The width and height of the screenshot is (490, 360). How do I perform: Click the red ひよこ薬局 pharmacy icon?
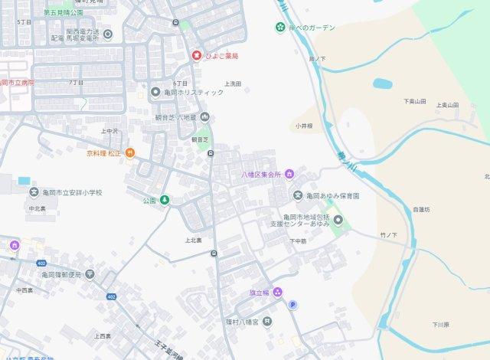pyautogui.click(x=196, y=56)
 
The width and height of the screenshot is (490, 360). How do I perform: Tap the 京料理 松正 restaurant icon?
pyautogui.click(x=130, y=153)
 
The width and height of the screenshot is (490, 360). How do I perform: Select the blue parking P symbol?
pyautogui.click(x=292, y=305)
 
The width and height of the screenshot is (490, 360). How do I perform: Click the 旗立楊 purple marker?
pyautogui.click(x=278, y=292)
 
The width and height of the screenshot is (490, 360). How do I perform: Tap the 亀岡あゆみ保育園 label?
pyautogui.click(x=332, y=196)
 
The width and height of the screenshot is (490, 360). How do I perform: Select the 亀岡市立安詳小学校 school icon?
pyautogui.click(x=34, y=192)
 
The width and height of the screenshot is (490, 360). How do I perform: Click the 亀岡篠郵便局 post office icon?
pyautogui.click(x=90, y=273)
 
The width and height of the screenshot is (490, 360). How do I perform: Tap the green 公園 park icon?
pyautogui.click(x=164, y=201)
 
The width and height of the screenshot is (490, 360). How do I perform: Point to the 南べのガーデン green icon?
pyautogui.click(x=280, y=28)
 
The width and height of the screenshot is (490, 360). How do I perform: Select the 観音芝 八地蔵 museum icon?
pyautogui.click(x=204, y=118)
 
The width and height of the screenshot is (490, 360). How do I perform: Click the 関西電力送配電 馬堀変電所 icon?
pyautogui.click(x=107, y=34)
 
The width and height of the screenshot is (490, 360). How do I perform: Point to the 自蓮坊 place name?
pyautogui.click(x=421, y=209)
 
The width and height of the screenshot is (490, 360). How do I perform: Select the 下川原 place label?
pyautogui.click(x=439, y=325)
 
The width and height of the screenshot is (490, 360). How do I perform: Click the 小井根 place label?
pyautogui.click(x=303, y=126)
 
